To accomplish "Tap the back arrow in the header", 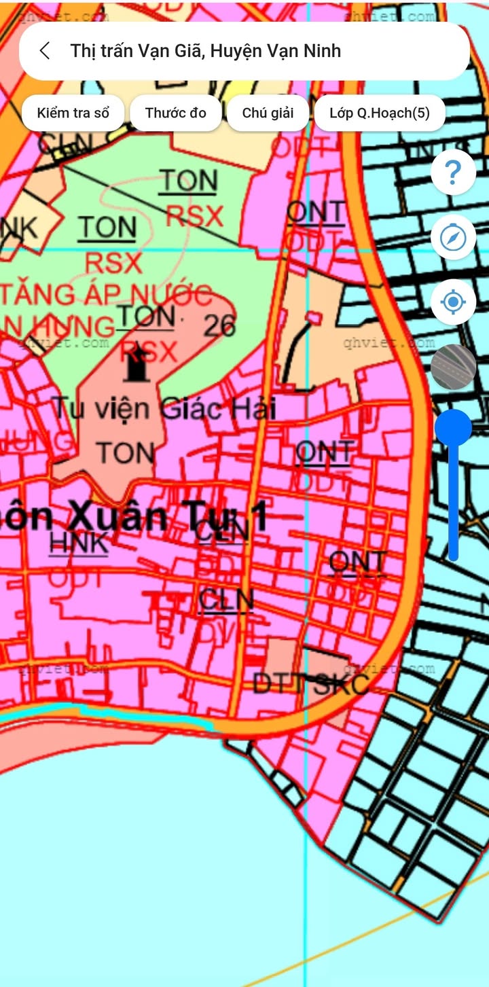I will coord(45,51).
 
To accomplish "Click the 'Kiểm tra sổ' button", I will coord(73,113).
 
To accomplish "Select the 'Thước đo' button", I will coord(175,113).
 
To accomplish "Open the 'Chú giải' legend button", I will coord(268,113).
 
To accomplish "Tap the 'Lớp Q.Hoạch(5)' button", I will coord(380,113).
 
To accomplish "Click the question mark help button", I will coord(453,173).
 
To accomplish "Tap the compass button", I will coord(453,237).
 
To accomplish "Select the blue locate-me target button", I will coord(453,302).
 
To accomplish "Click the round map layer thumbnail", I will coord(453,367).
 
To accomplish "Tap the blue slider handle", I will coord(453,428).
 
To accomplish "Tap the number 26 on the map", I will coord(220,327).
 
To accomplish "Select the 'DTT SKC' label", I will coord(311,683).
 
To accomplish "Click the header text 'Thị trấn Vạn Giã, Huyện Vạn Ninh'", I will coord(205,51).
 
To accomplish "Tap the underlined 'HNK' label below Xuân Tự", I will coord(79,543).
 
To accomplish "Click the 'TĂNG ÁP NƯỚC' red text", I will coord(106,295).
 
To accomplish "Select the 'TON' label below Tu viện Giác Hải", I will coord(125,453).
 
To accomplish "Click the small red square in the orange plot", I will coord(313,317).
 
